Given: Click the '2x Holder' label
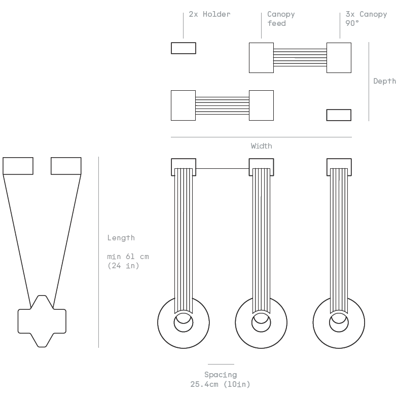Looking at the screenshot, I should [x=209, y=14].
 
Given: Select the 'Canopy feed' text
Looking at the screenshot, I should [x=280, y=19].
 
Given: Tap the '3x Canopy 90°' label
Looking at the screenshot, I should [x=366, y=19].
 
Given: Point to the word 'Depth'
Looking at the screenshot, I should [x=384, y=81].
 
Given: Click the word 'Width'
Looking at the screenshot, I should [x=261, y=146].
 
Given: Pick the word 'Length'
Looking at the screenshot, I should [x=121, y=238].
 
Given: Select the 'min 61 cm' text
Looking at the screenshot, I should [x=128, y=257].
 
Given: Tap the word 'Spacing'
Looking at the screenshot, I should [x=221, y=375].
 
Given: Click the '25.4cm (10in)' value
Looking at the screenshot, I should [x=221, y=384].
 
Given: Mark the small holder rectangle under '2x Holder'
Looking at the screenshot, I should [x=183, y=48].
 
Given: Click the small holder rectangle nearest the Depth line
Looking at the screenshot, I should [x=338, y=115].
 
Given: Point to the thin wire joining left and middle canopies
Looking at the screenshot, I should [x=222, y=168].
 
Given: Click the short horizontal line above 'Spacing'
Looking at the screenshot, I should [x=221, y=364].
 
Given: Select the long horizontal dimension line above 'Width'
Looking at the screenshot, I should [x=261, y=137].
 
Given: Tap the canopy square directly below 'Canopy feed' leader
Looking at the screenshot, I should [x=261, y=58].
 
